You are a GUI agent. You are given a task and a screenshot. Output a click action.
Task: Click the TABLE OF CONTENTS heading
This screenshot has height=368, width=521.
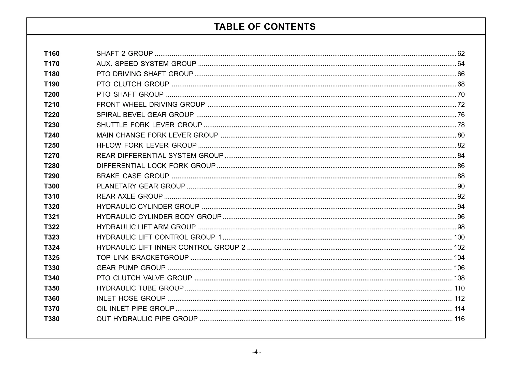(x=265, y=27)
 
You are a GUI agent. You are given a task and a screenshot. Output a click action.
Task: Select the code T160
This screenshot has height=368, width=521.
(x=52, y=54)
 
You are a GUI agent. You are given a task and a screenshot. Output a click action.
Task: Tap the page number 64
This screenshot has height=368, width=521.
(x=461, y=64)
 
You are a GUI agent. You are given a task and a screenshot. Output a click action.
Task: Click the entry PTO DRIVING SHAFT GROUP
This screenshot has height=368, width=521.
(x=145, y=74)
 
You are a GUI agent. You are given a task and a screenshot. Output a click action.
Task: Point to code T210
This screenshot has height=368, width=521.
(x=52, y=105)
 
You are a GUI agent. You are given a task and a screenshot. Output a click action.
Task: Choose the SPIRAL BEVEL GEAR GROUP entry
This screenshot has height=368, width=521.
(x=145, y=115)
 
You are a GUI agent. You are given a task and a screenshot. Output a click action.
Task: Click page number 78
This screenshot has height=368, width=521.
(x=461, y=125)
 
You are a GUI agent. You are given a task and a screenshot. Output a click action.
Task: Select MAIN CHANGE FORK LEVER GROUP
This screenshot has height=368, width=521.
(x=157, y=135)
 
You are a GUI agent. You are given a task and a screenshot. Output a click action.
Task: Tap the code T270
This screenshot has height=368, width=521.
(x=52, y=156)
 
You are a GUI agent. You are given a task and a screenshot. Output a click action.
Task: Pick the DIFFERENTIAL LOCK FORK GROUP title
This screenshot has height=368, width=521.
(x=156, y=166)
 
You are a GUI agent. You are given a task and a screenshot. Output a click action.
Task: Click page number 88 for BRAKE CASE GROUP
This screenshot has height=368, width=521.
(x=461, y=176)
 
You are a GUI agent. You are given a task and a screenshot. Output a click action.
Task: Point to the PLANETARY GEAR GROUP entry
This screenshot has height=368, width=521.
(x=141, y=186)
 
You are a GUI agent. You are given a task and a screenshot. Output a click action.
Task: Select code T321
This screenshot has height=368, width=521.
(x=52, y=217)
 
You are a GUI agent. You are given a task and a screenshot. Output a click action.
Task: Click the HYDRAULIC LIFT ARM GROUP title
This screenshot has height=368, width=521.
(x=146, y=227)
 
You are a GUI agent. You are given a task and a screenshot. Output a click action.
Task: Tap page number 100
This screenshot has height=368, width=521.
(x=459, y=237)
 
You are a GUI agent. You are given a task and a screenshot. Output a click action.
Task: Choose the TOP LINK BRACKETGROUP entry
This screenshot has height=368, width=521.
(x=142, y=258)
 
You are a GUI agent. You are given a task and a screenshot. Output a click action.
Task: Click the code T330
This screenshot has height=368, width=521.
(x=52, y=268)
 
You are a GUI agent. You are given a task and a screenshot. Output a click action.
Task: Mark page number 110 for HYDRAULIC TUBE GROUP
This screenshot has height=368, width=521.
(x=459, y=288)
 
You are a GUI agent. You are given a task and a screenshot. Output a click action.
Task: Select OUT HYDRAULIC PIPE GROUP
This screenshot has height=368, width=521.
(x=147, y=319)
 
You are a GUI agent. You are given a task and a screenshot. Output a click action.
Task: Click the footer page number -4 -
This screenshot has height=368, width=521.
(x=257, y=352)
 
